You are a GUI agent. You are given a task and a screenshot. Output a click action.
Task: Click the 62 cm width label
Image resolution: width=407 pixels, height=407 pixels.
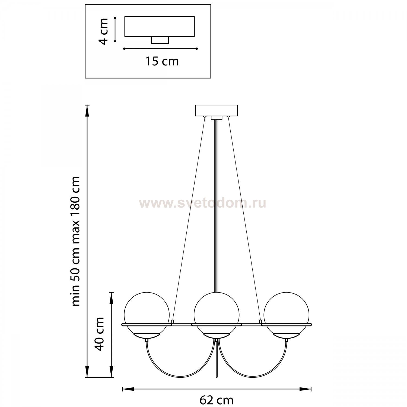[x=217, y=400]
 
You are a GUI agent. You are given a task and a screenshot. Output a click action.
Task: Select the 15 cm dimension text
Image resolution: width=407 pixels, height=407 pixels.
[x=162, y=61]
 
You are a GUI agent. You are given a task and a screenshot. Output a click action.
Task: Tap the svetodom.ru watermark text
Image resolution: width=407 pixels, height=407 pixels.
[x=202, y=203]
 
